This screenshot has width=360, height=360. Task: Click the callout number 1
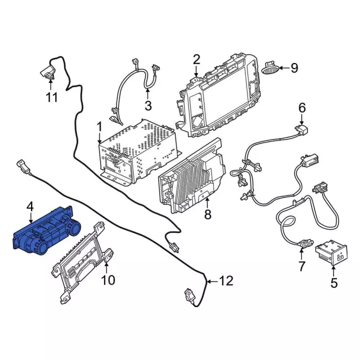(99, 125)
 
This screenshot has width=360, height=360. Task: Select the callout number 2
(196, 59)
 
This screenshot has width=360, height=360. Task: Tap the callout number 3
(148, 105)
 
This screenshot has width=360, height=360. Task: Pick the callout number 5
(334, 283)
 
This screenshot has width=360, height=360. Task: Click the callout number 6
(301, 107)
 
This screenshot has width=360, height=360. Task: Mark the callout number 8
(208, 214)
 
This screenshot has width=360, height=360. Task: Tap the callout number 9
(294, 69)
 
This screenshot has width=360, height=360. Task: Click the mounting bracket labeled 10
(82, 267)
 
